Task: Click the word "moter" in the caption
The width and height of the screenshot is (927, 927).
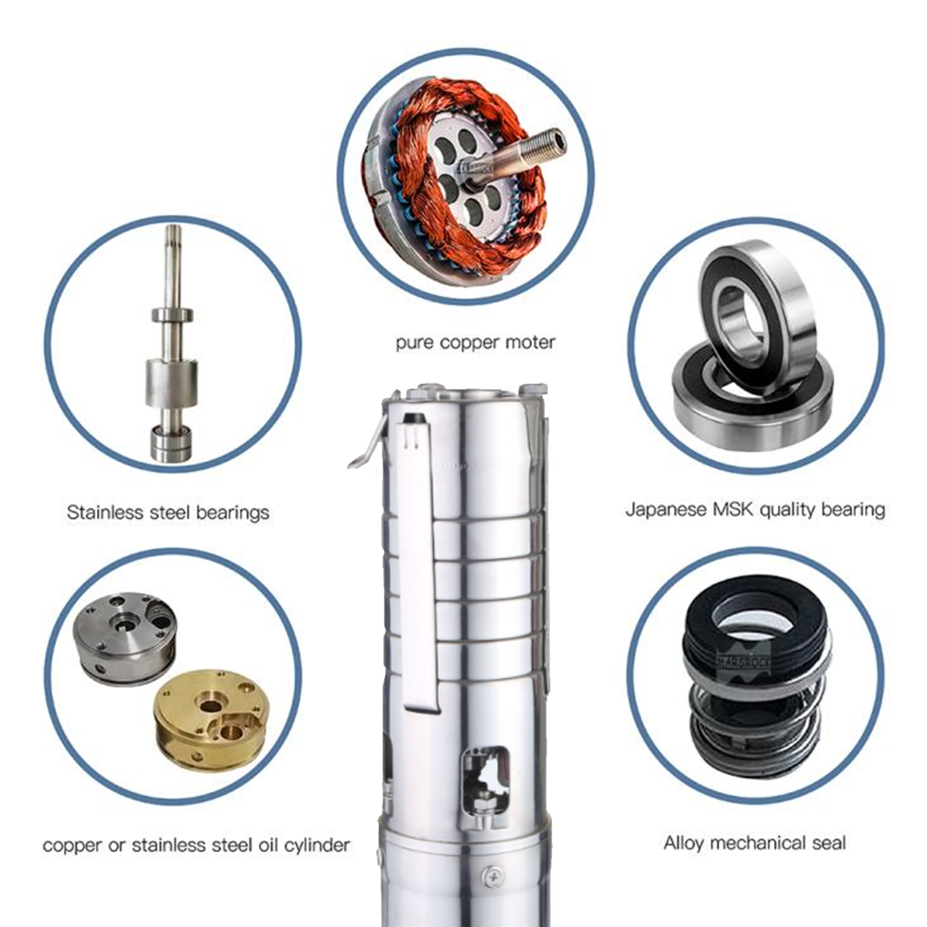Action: click(530, 342)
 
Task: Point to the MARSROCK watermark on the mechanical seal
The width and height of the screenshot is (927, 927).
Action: click(744, 660)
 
